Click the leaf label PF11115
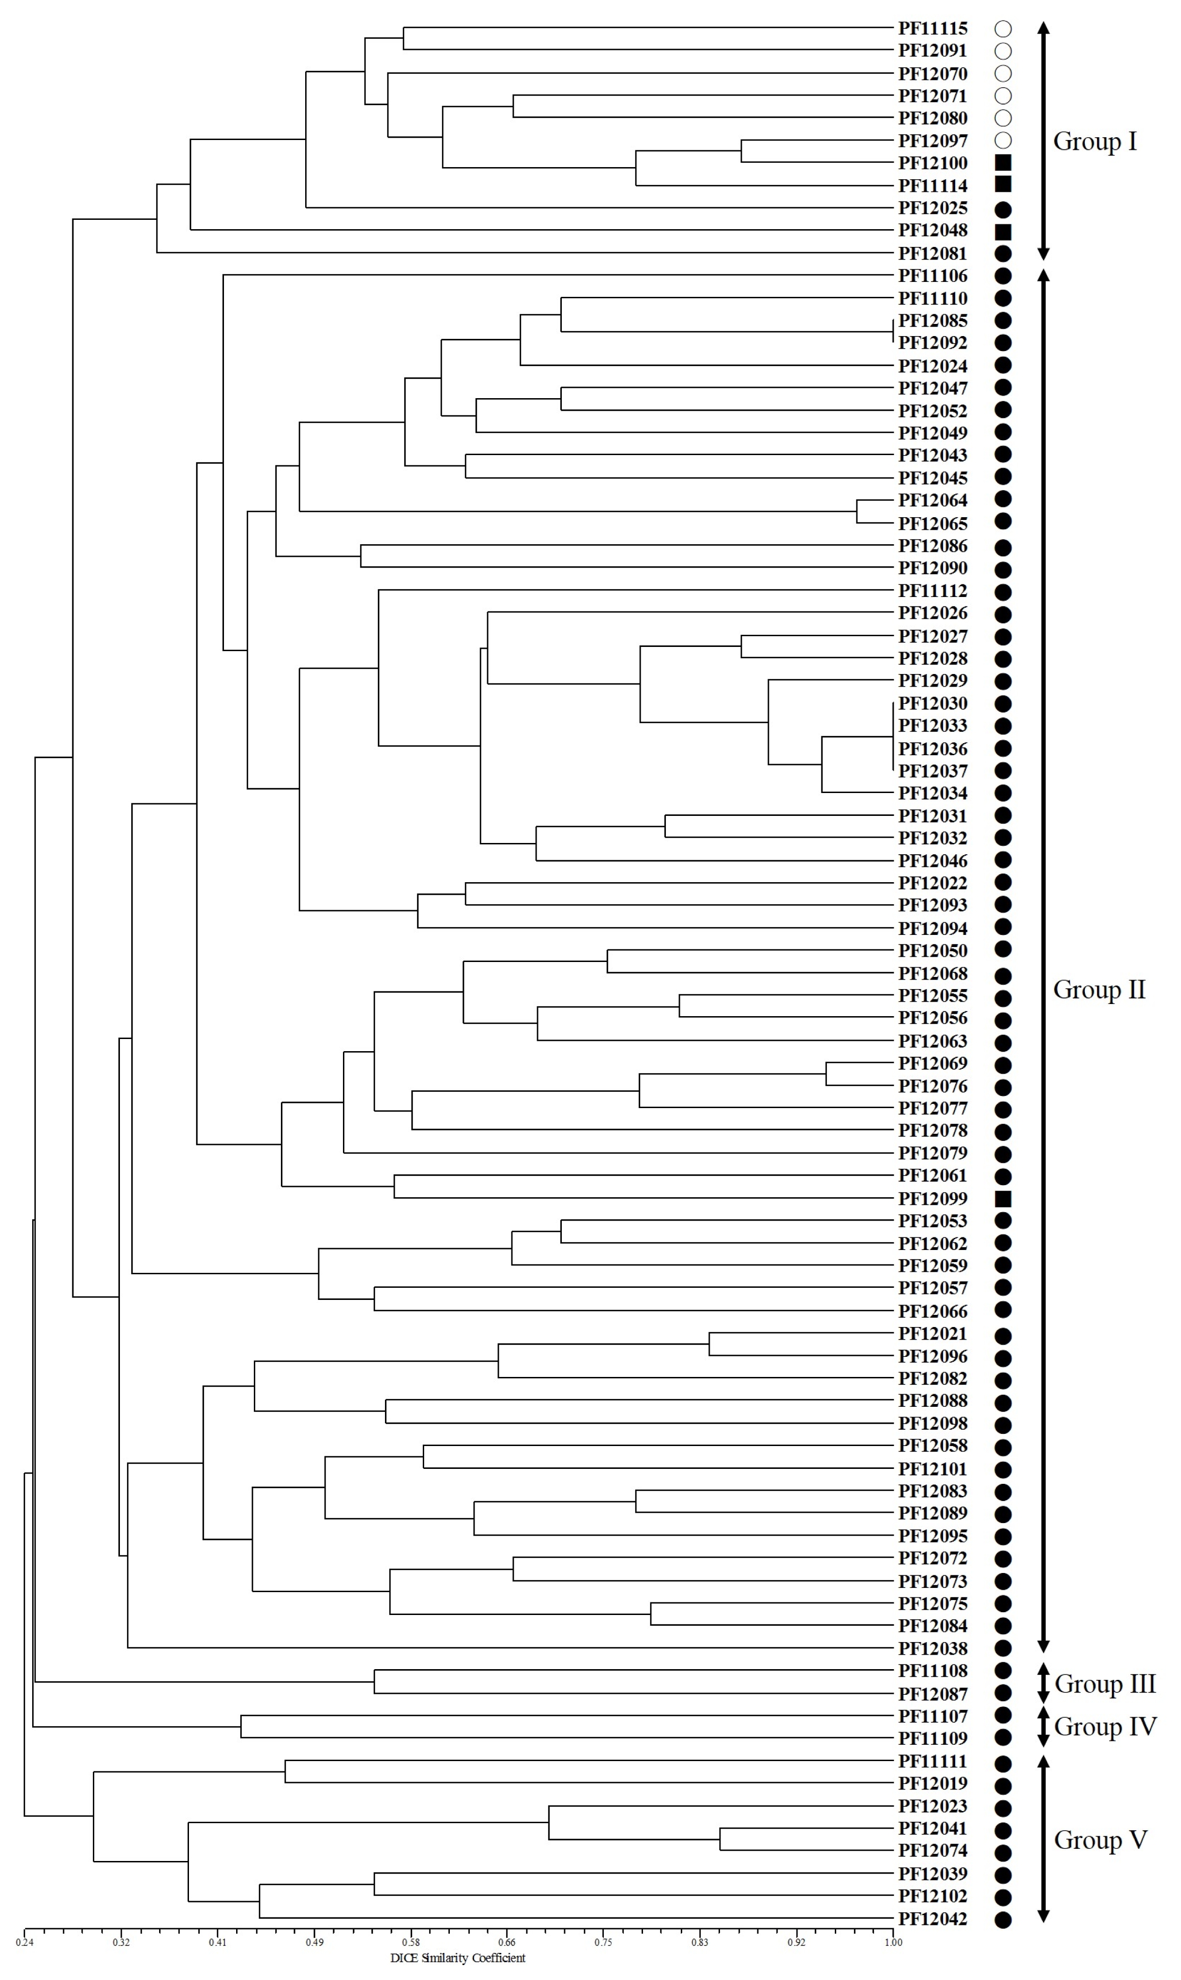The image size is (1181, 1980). [933, 28]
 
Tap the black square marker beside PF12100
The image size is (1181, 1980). [1003, 162]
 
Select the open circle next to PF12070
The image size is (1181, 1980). [1003, 73]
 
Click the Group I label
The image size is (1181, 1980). [1095, 141]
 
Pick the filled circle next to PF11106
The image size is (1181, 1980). [1003, 276]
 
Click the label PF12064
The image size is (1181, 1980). [933, 500]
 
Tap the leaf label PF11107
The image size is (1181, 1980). [933, 1716]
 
